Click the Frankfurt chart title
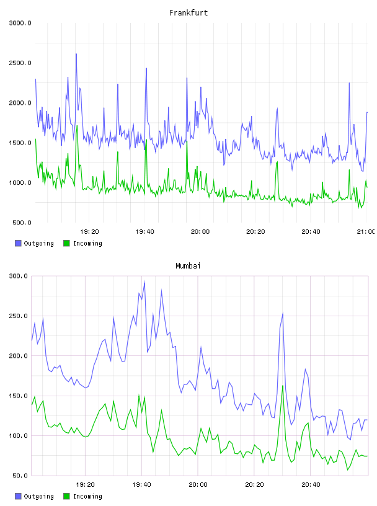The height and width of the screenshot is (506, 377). click(x=188, y=13)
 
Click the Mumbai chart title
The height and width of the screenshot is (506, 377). click(x=188, y=266)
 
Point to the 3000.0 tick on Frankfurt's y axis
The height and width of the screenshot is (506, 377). click(x=20, y=23)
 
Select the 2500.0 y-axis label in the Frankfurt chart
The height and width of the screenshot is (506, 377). click(x=20, y=63)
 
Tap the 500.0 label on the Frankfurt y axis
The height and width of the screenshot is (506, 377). click(x=22, y=223)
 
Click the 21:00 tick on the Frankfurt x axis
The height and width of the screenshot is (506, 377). click(x=365, y=232)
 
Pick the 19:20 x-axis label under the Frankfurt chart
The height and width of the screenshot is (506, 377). click(x=89, y=232)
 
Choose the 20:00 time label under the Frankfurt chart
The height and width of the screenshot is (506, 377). click(x=200, y=232)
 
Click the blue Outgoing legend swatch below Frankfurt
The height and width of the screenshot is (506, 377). click(x=18, y=243)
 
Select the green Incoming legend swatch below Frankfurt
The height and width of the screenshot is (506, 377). click(x=66, y=243)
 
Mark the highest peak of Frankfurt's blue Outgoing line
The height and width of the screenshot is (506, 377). click(x=76, y=54)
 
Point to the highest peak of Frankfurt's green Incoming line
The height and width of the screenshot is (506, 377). click(x=76, y=125)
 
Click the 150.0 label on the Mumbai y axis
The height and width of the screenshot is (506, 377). click(x=19, y=396)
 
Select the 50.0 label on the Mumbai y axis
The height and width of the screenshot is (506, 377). click(x=20, y=476)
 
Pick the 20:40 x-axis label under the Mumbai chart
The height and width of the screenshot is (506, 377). click(x=311, y=485)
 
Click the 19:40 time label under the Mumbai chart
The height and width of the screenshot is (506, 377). click(x=142, y=485)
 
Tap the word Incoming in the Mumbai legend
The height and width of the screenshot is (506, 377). click(x=87, y=496)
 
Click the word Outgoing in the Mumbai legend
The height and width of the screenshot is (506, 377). click(x=38, y=496)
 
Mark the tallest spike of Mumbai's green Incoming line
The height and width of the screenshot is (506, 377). click(x=283, y=386)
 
